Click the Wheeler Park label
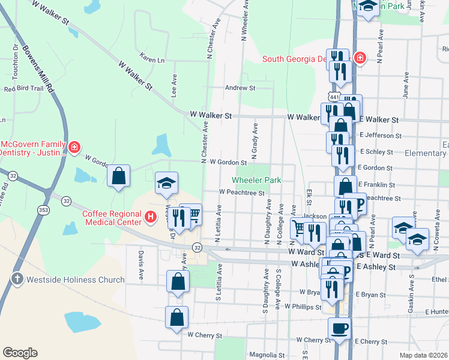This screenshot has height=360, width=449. (256, 180)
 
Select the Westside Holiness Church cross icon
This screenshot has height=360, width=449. (17, 279)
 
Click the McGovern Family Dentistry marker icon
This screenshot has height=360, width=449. (74, 147)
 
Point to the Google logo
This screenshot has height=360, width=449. (20, 353)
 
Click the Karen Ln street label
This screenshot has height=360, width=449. (152, 60)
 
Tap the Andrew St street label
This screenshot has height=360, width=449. (240, 88)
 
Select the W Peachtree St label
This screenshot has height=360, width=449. (242, 193)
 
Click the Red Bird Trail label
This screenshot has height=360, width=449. (24, 89)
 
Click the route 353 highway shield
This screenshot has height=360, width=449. (43, 211)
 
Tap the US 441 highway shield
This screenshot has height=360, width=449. (333, 96)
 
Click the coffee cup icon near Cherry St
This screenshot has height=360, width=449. (339, 328)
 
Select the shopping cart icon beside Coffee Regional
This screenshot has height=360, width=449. (193, 214)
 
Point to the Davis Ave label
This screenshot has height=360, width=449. (141, 266)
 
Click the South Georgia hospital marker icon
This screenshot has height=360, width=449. (359, 58)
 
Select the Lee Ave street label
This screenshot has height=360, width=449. (174, 86)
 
